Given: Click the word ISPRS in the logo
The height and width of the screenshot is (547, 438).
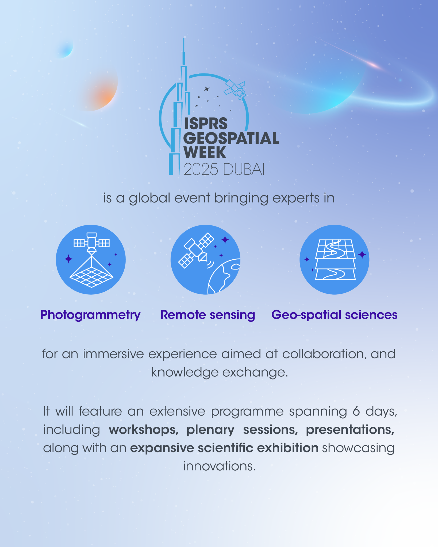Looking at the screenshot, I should pos(206,124).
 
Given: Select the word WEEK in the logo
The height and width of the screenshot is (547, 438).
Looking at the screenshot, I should pos(205,153).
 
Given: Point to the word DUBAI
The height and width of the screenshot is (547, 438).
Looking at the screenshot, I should pos(244,169).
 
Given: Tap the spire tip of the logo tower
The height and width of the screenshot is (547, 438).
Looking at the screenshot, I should pos(184,40).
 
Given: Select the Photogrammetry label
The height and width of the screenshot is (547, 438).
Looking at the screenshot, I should pos(90,315).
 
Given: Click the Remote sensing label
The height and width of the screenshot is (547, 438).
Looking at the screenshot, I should pos(208,315).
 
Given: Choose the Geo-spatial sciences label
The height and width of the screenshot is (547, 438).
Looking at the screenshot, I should pos(334,315).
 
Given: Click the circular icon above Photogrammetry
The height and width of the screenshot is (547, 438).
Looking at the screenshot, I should pos(91,260).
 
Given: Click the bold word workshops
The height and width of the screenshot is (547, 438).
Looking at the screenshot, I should pos(144,430).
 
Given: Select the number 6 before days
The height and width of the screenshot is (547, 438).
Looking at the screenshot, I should pos(356,412).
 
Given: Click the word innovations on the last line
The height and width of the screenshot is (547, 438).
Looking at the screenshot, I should pos(219,466).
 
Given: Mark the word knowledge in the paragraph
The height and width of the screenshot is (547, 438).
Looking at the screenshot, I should pos(185,372).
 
